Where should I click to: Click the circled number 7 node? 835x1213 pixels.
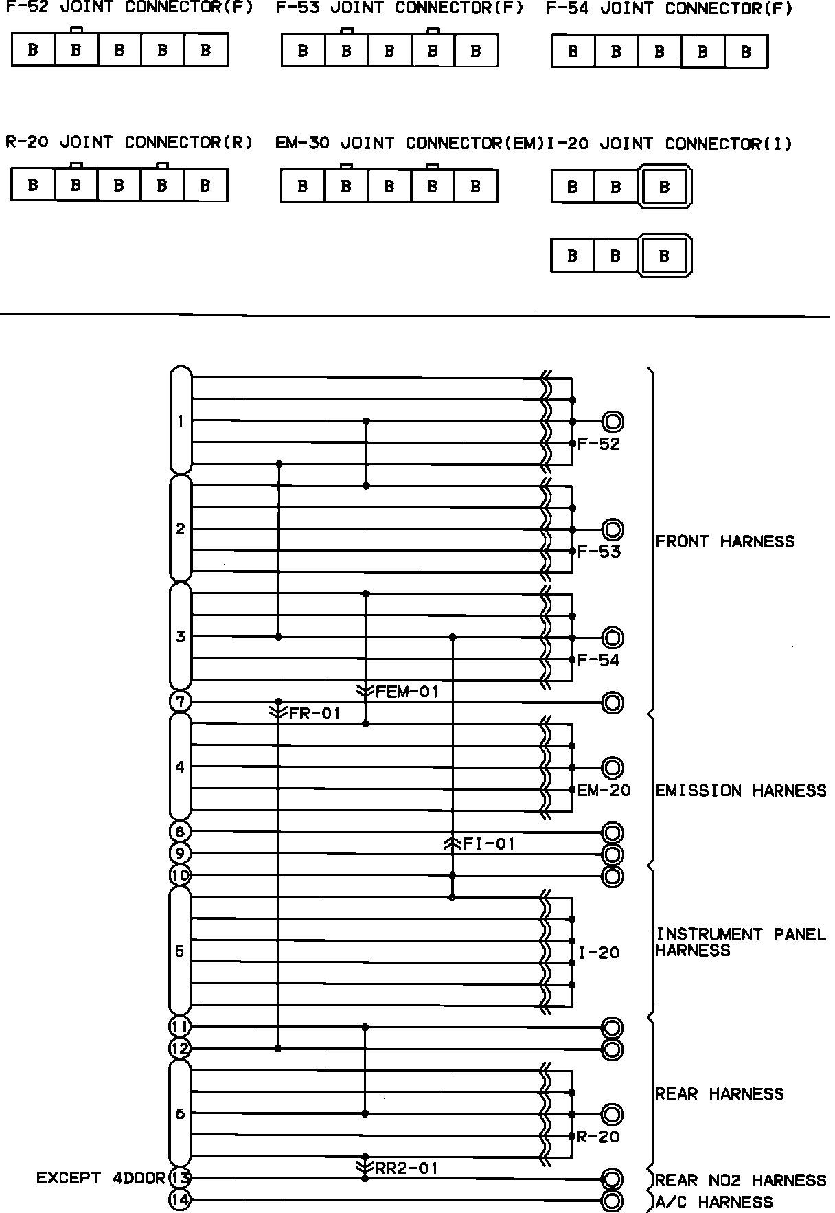coord(180,702)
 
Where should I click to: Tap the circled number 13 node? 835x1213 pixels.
coord(180,1178)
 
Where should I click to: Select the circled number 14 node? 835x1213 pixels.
coord(180,1200)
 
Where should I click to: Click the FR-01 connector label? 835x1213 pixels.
coord(314,713)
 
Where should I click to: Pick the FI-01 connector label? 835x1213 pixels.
coord(488,843)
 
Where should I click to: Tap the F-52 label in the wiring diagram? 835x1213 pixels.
coord(598,444)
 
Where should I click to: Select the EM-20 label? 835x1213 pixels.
coord(604,790)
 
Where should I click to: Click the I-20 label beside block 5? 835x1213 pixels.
coord(599,952)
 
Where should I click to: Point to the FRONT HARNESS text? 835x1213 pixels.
coord(725,541)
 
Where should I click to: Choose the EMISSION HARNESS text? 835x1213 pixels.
coord(741,791)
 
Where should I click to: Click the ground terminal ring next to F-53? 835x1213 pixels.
coord(613,530)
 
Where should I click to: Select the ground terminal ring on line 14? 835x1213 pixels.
coord(613,1201)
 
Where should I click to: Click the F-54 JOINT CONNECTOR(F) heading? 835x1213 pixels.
coord(669,9)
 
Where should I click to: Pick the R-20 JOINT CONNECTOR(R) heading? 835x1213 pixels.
coord(129,142)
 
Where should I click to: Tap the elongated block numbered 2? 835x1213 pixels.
coord(181,528)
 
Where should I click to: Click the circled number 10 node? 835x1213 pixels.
coord(180,876)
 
